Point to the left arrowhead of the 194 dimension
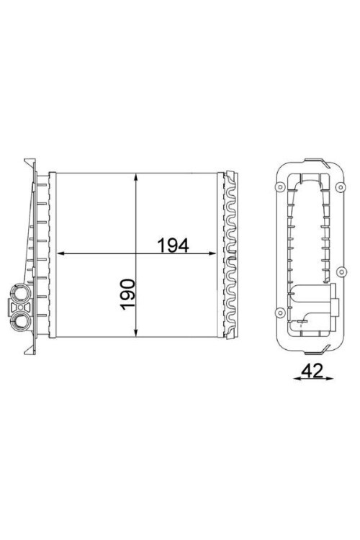click(x=60, y=254)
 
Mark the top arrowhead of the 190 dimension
click(x=137, y=177)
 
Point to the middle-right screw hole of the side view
click(x=338, y=271)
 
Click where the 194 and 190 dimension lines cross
click(x=137, y=254)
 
